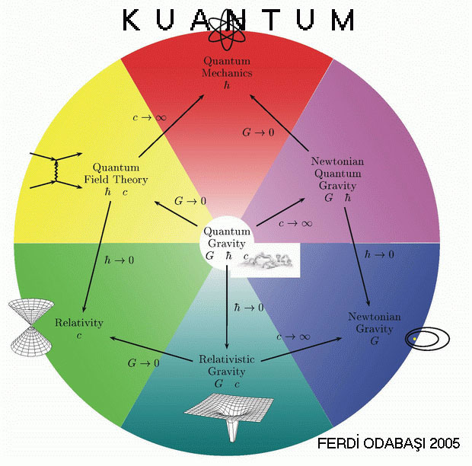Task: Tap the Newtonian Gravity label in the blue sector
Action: pos(375,323)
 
